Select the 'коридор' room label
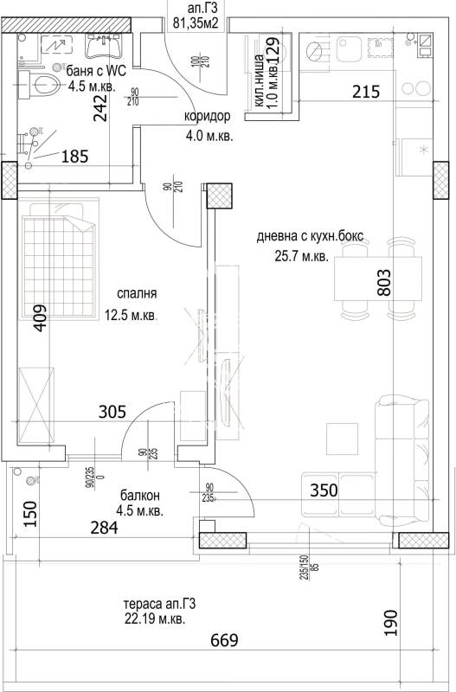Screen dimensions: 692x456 pos(207,117)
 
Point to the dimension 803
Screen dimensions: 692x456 pos(386,285)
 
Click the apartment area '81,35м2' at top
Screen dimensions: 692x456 pos(196,23)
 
